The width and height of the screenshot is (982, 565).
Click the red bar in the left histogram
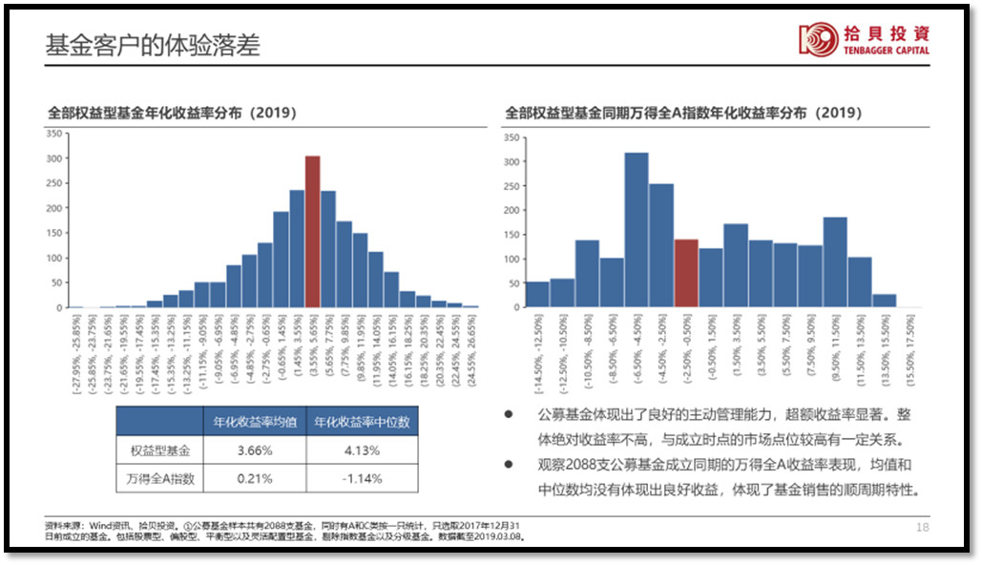[312, 232]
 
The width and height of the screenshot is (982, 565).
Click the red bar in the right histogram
[686, 273]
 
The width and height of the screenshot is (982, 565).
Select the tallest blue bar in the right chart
[637, 230]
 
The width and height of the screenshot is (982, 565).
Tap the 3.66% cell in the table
[254, 450]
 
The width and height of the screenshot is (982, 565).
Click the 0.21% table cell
[254, 479]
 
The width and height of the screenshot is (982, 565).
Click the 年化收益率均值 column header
[254, 422]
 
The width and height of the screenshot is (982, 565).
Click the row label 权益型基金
[159, 450]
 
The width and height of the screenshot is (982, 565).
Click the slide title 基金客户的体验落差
[153, 45]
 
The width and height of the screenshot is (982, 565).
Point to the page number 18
[922, 527]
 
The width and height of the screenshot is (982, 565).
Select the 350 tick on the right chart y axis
[512, 138]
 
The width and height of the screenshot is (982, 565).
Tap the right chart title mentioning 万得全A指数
[683, 113]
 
